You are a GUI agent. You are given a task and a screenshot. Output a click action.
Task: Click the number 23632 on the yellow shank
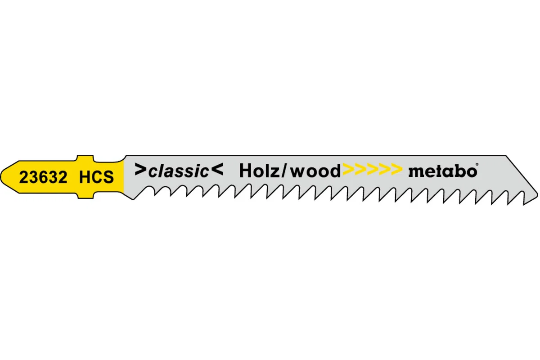[43, 177]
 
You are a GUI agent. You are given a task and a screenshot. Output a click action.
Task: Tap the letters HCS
[96, 177]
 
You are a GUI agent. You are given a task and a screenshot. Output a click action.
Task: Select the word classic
[179, 171]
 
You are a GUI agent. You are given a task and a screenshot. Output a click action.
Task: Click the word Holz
[260, 171]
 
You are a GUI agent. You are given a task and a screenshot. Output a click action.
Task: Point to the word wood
[315, 171]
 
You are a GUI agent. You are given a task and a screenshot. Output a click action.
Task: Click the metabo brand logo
[442, 171]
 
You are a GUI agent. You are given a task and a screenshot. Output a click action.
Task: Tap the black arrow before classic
[140, 170]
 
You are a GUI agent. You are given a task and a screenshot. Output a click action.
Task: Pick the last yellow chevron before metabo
[396, 170]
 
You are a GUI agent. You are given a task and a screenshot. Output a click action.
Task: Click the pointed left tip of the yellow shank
[2, 177]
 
